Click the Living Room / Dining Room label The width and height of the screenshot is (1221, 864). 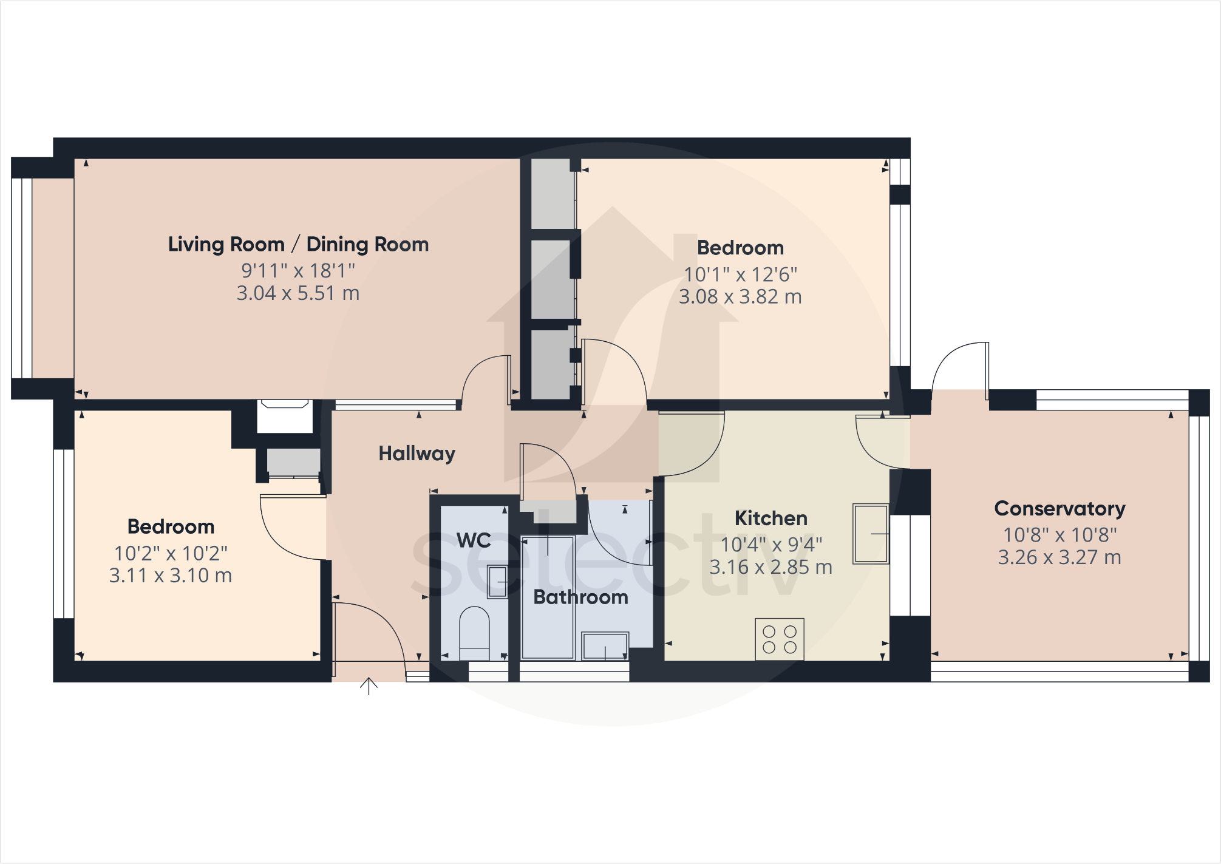(298, 244)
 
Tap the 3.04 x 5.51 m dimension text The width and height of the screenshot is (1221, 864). (298, 293)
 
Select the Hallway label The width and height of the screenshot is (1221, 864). (417, 454)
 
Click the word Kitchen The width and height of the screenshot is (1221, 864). (770, 518)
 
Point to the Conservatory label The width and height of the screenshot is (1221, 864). (1059, 508)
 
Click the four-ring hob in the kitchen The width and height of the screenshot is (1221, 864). (780, 639)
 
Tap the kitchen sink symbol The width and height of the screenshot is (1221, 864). (871, 534)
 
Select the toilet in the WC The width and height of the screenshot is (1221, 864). (474, 631)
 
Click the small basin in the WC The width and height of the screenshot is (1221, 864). (497, 582)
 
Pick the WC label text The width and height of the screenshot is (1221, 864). (474, 540)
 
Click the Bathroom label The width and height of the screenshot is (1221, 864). (580, 597)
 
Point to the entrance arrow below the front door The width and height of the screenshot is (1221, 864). (369, 686)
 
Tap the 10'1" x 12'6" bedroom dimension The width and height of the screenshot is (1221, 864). (740, 274)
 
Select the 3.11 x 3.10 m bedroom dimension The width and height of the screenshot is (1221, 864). (171, 576)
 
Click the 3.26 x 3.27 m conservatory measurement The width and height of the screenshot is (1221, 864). (1059, 557)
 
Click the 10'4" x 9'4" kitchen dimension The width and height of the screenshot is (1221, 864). (770, 545)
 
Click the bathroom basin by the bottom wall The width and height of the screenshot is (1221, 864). (605, 646)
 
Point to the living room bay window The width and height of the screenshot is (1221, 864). (22, 278)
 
